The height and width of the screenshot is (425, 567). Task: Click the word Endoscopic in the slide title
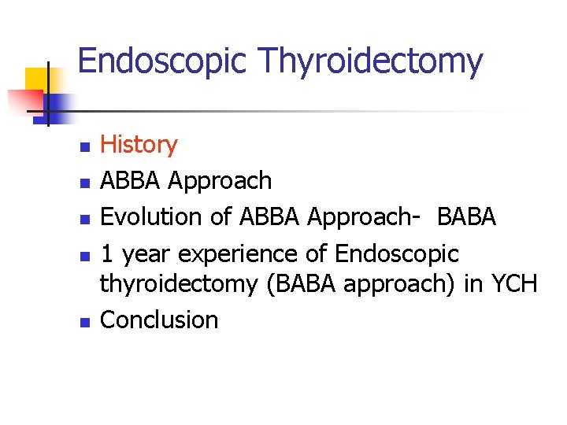(162, 61)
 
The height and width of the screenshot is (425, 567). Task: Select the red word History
(139, 145)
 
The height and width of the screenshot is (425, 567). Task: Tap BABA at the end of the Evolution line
(466, 216)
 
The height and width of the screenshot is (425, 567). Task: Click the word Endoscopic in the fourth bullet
(396, 253)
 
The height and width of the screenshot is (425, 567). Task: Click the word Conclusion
(159, 320)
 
